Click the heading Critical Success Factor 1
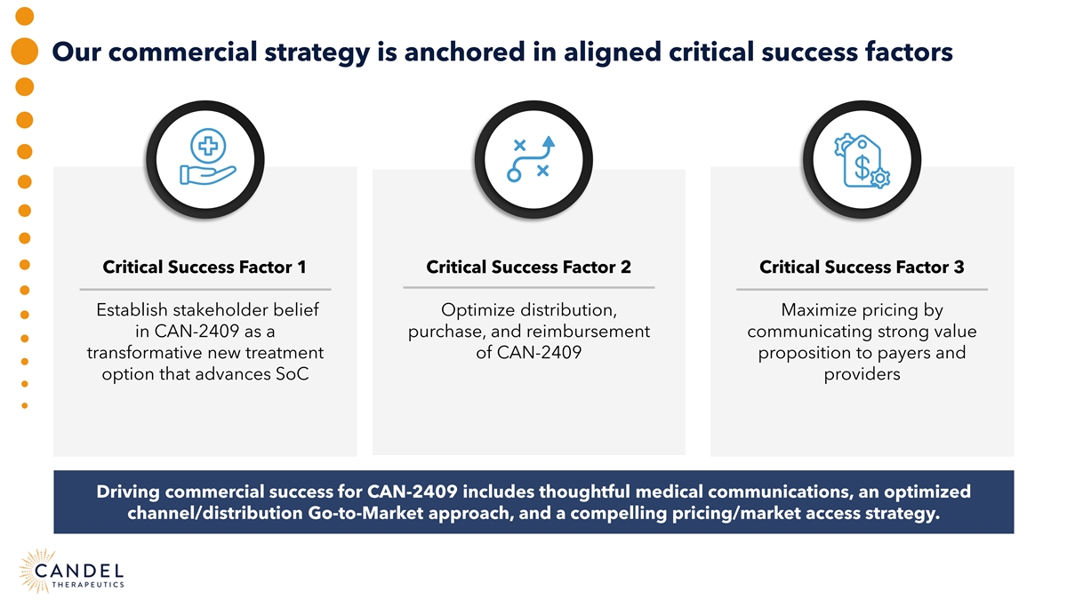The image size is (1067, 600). pos(205,268)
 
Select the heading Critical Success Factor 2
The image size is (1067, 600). pos(528,268)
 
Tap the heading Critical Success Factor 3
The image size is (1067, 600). pos(862,268)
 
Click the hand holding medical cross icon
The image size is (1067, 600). pos(208,156)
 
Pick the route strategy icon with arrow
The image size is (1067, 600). pos(531,158)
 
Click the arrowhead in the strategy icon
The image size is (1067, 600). pos(549,141)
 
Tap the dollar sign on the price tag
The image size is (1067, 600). pos(862,166)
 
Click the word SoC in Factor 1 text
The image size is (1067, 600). pos(292,374)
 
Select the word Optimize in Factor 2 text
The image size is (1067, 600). pos(477,310)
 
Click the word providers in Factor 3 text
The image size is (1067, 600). pos(862,375)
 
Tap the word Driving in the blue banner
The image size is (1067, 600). pos(128,492)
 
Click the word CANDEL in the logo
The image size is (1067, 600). pos(79,571)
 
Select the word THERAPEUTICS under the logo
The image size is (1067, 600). pos(88,584)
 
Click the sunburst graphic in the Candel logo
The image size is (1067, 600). pos(37,571)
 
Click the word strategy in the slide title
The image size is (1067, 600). pos(317,52)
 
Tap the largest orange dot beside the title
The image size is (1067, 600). pos(24,51)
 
